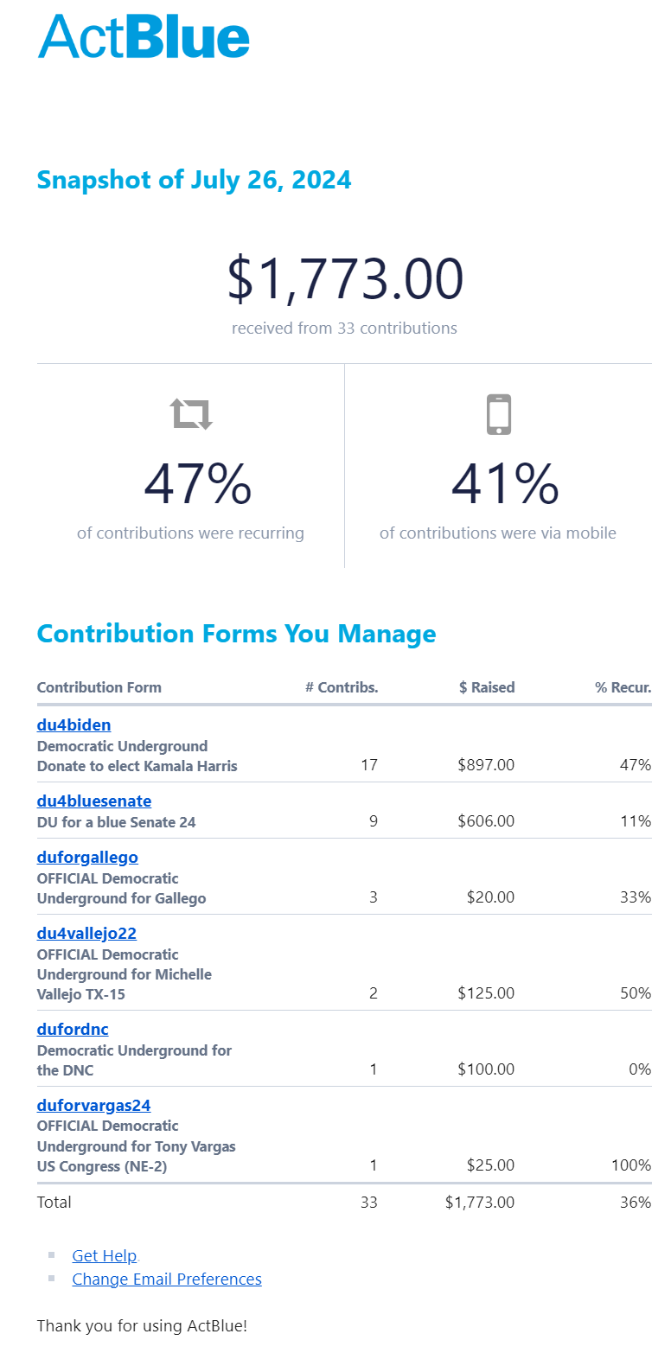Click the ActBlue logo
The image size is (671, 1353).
(x=144, y=36)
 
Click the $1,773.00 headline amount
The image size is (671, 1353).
(x=345, y=279)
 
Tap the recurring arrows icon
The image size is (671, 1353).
(x=191, y=415)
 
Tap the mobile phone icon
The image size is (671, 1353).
(x=499, y=415)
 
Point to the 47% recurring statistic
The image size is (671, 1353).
(x=197, y=484)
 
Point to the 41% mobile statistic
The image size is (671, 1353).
(x=505, y=484)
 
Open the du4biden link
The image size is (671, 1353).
(x=74, y=725)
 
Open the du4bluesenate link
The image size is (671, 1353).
(x=94, y=801)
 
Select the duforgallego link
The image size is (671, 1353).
(x=87, y=858)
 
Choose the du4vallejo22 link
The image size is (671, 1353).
(x=86, y=934)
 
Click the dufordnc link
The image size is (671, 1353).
(x=73, y=1030)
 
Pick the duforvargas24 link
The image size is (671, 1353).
(x=93, y=1106)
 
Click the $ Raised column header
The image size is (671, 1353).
(x=487, y=688)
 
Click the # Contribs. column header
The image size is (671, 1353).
(x=342, y=688)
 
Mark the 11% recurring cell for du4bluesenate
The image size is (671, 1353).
(x=636, y=821)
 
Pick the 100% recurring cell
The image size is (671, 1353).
(x=631, y=1165)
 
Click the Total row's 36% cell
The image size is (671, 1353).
(x=636, y=1203)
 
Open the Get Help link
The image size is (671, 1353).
(x=104, y=1256)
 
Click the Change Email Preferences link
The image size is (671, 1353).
(x=167, y=1280)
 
